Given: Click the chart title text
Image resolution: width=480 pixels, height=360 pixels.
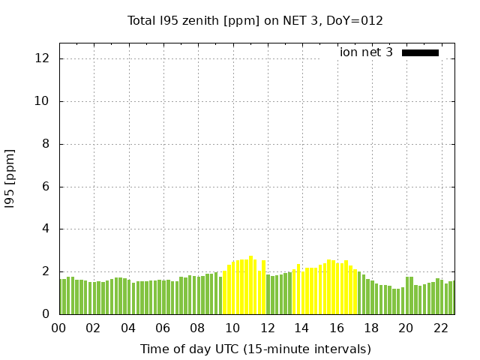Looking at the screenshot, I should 255,21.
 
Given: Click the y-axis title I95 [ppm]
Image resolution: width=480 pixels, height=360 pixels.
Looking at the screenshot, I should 10,178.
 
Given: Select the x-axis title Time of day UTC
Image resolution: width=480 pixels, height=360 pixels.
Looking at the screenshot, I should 255,349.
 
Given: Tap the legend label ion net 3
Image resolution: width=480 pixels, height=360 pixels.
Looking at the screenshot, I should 366,52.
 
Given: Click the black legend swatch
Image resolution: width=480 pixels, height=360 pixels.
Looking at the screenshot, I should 420,52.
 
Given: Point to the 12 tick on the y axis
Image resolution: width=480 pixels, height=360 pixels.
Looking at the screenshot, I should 45,58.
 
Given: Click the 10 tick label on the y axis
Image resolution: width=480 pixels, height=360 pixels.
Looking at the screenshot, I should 45,101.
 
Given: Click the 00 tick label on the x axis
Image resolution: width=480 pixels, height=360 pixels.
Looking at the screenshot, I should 59,328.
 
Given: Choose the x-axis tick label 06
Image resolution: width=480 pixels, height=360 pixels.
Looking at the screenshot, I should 163,328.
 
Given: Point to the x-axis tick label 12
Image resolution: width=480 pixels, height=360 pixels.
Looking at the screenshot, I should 267,328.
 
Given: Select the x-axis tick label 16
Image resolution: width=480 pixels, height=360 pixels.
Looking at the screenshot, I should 337,328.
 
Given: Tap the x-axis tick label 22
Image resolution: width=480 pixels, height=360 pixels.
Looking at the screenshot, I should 441,328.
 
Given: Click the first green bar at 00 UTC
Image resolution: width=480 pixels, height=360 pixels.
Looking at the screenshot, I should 61,296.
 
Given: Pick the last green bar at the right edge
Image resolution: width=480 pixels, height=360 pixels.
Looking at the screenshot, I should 452,298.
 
